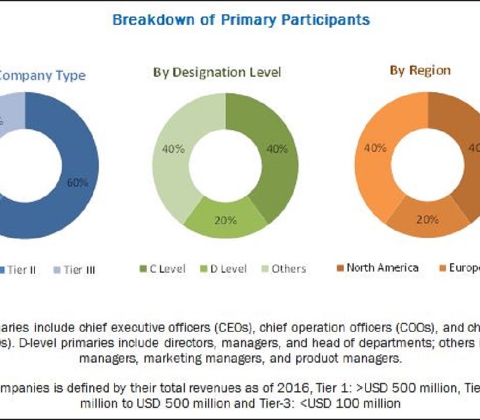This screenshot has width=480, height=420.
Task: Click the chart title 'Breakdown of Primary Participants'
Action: click(x=241, y=20)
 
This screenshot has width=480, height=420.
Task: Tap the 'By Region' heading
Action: click(x=420, y=71)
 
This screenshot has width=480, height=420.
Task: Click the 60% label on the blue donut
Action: click(x=77, y=183)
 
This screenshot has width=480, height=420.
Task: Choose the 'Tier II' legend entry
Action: click(x=22, y=270)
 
